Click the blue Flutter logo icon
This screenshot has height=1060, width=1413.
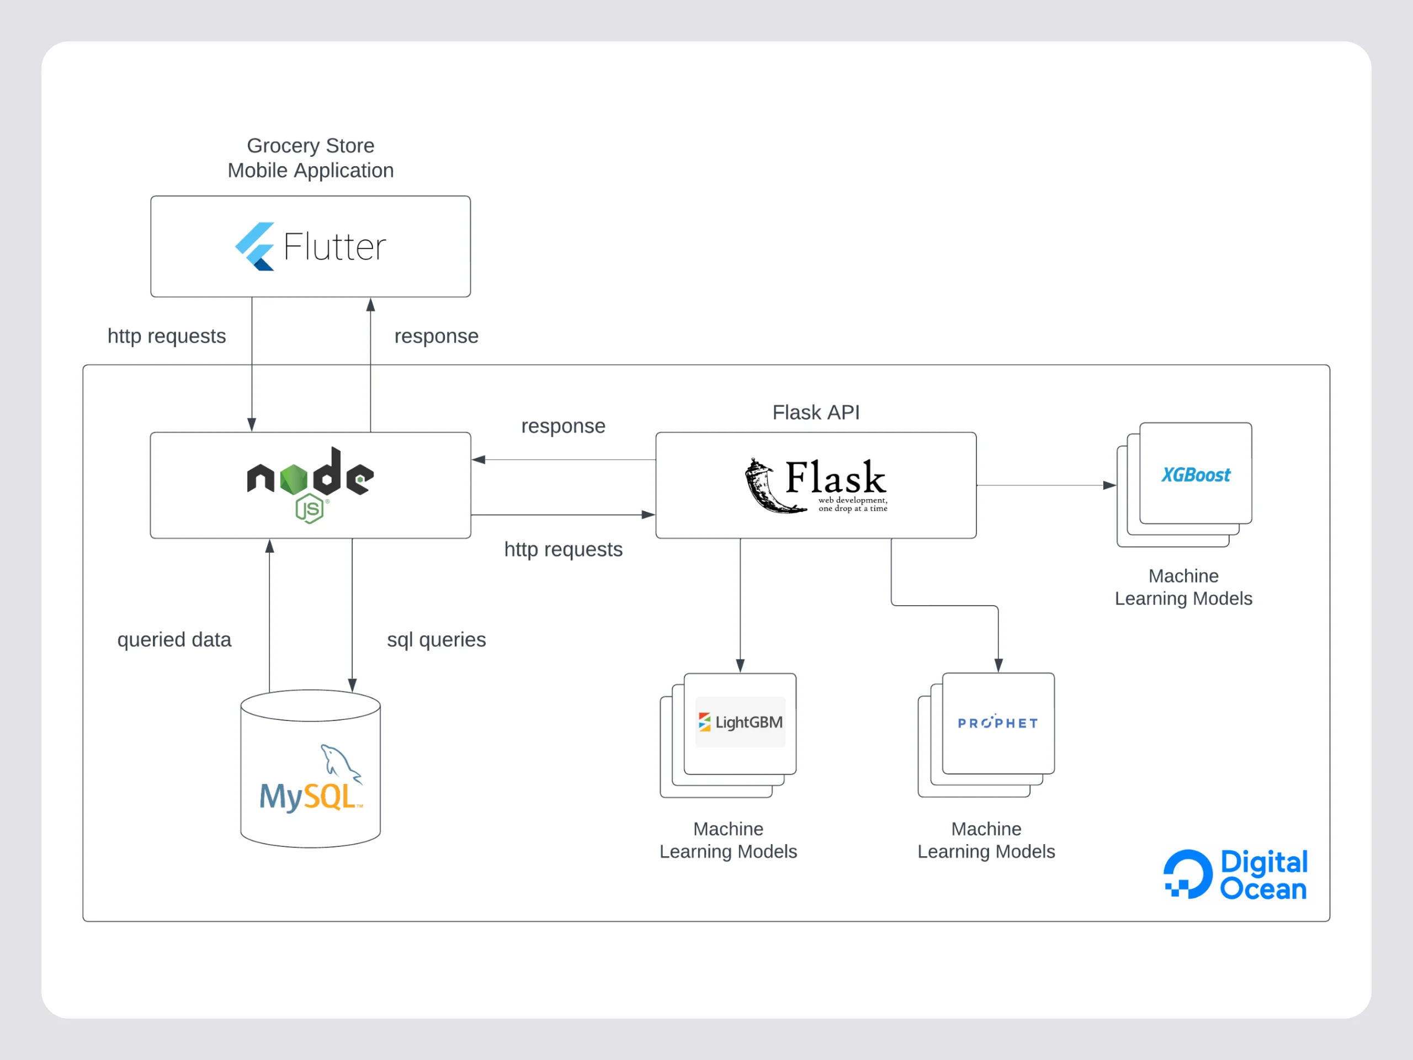tap(255, 247)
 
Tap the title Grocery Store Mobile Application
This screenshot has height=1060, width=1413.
tap(310, 158)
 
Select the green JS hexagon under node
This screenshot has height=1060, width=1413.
tap(310, 508)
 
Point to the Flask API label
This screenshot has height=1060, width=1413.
tap(816, 412)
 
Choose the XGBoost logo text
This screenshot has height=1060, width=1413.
tap(1195, 475)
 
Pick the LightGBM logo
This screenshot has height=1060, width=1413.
tap(740, 722)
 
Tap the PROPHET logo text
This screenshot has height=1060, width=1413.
tap(997, 723)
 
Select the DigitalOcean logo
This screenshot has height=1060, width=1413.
tap(1235, 874)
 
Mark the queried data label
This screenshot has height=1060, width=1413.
tap(174, 639)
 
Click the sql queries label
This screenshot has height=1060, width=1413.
tap(436, 639)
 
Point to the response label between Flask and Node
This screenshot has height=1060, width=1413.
tap(563, 426)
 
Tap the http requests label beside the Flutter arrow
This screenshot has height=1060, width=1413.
tap(166, 336)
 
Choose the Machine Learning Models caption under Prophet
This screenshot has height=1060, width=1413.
tap(986, 840)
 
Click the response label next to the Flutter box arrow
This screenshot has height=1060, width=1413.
tap(436, 336)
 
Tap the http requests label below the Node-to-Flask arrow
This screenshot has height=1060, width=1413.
tap(563, 549)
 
